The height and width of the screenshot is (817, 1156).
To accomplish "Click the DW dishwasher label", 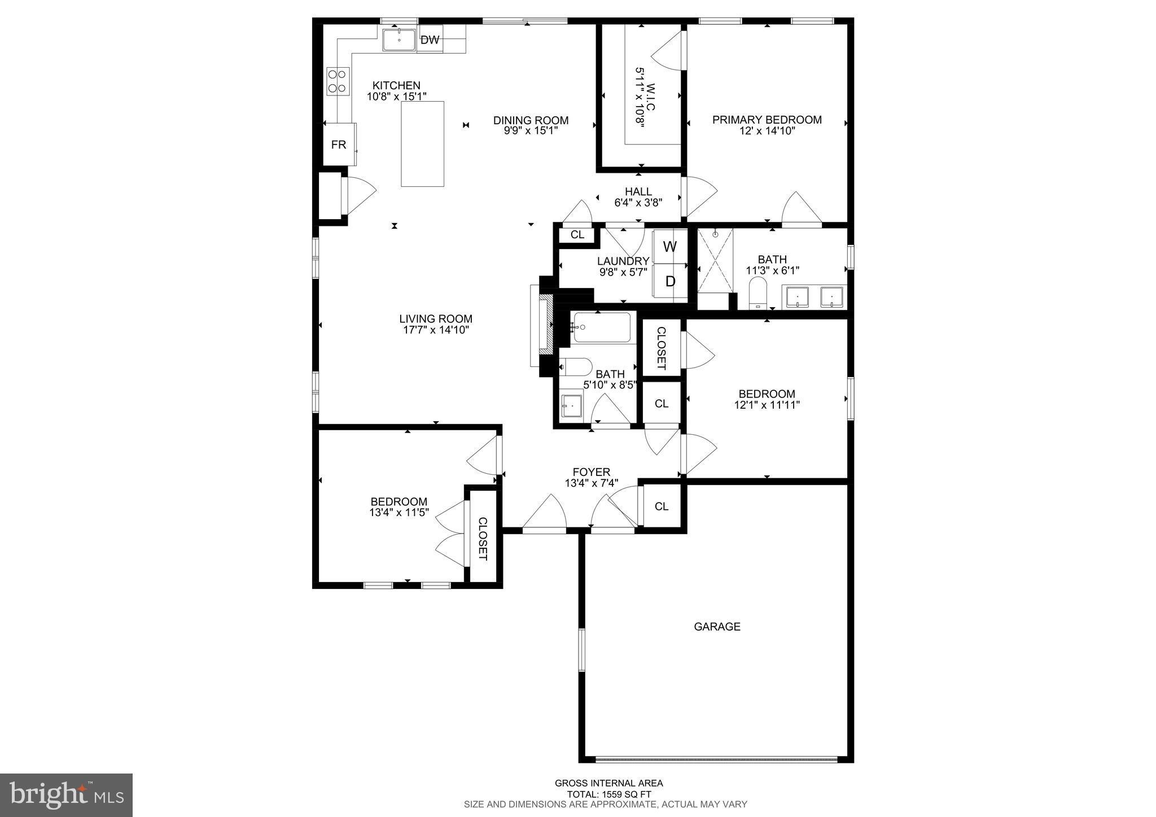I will click(x=430, y=40).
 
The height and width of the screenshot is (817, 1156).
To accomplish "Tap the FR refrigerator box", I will click(x=339, y=145).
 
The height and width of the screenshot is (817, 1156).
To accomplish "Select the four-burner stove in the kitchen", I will click(x=338, y=81).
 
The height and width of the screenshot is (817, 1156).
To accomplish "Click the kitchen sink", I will click(x=399, y=40).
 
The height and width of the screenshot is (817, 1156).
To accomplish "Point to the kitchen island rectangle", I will click(x=422, y=144).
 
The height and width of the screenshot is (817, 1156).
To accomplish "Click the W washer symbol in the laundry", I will click(x=670, y=247).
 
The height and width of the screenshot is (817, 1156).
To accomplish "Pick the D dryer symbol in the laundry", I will click(x=670, y=281).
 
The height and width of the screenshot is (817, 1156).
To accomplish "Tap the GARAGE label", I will click(x=717, y=626).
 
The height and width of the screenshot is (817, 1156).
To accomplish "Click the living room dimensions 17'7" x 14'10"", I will click(x=436, y=330).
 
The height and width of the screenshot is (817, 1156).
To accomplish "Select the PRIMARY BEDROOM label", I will click(x=767, y=120).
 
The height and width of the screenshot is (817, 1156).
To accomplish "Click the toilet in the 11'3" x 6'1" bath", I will click(x=757, y=297).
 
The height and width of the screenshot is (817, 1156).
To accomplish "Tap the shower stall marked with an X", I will click(x=715, y=260).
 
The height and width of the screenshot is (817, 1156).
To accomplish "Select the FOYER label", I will click(x=591, y=472).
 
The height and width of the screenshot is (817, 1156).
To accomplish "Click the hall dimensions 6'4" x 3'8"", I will click(x=638, y=202).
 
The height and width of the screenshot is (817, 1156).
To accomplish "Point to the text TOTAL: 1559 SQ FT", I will click(x=608, y=794).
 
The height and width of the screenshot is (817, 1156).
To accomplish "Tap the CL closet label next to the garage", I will click(x=662, y=506).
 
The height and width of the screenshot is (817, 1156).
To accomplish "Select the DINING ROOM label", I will click(x=531, y=120).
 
